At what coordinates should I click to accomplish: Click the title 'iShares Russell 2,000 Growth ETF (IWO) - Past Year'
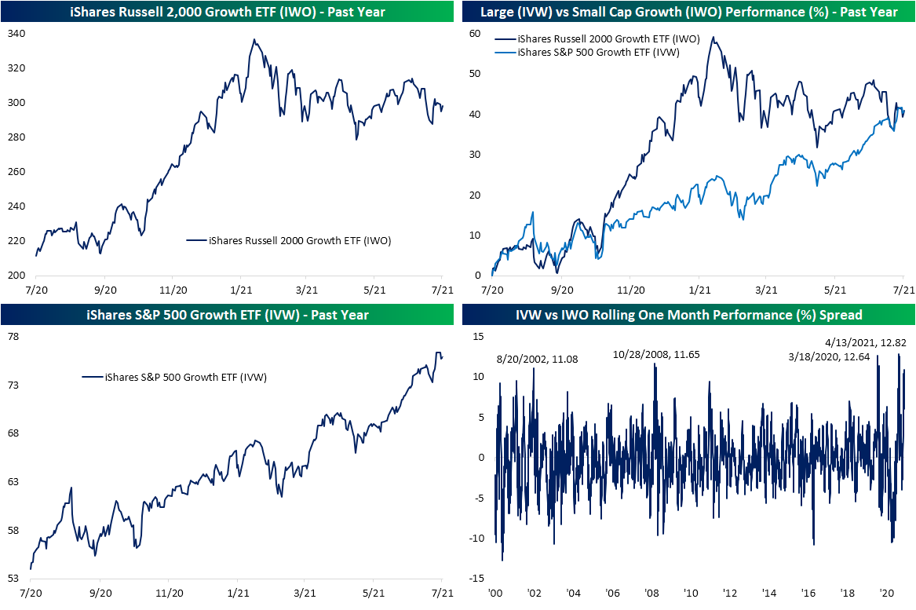(227, 11)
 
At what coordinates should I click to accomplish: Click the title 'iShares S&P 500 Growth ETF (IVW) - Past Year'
(227, 316)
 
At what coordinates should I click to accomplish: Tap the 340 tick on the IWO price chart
(16, 34)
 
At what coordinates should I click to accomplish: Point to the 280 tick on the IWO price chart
(16, 137)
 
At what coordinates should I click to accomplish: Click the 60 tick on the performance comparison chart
(475, 34)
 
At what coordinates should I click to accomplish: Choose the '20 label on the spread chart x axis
(887, 594)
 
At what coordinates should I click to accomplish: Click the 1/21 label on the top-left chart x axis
(240, 289)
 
